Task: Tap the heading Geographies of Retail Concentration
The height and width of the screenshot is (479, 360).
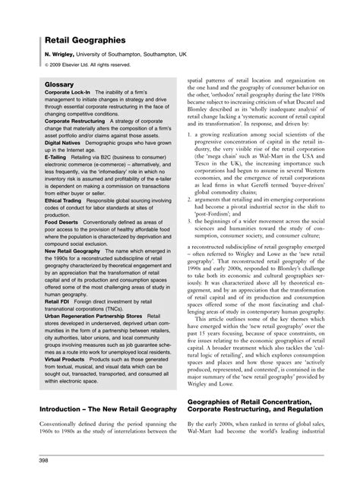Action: tap(259, 423)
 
